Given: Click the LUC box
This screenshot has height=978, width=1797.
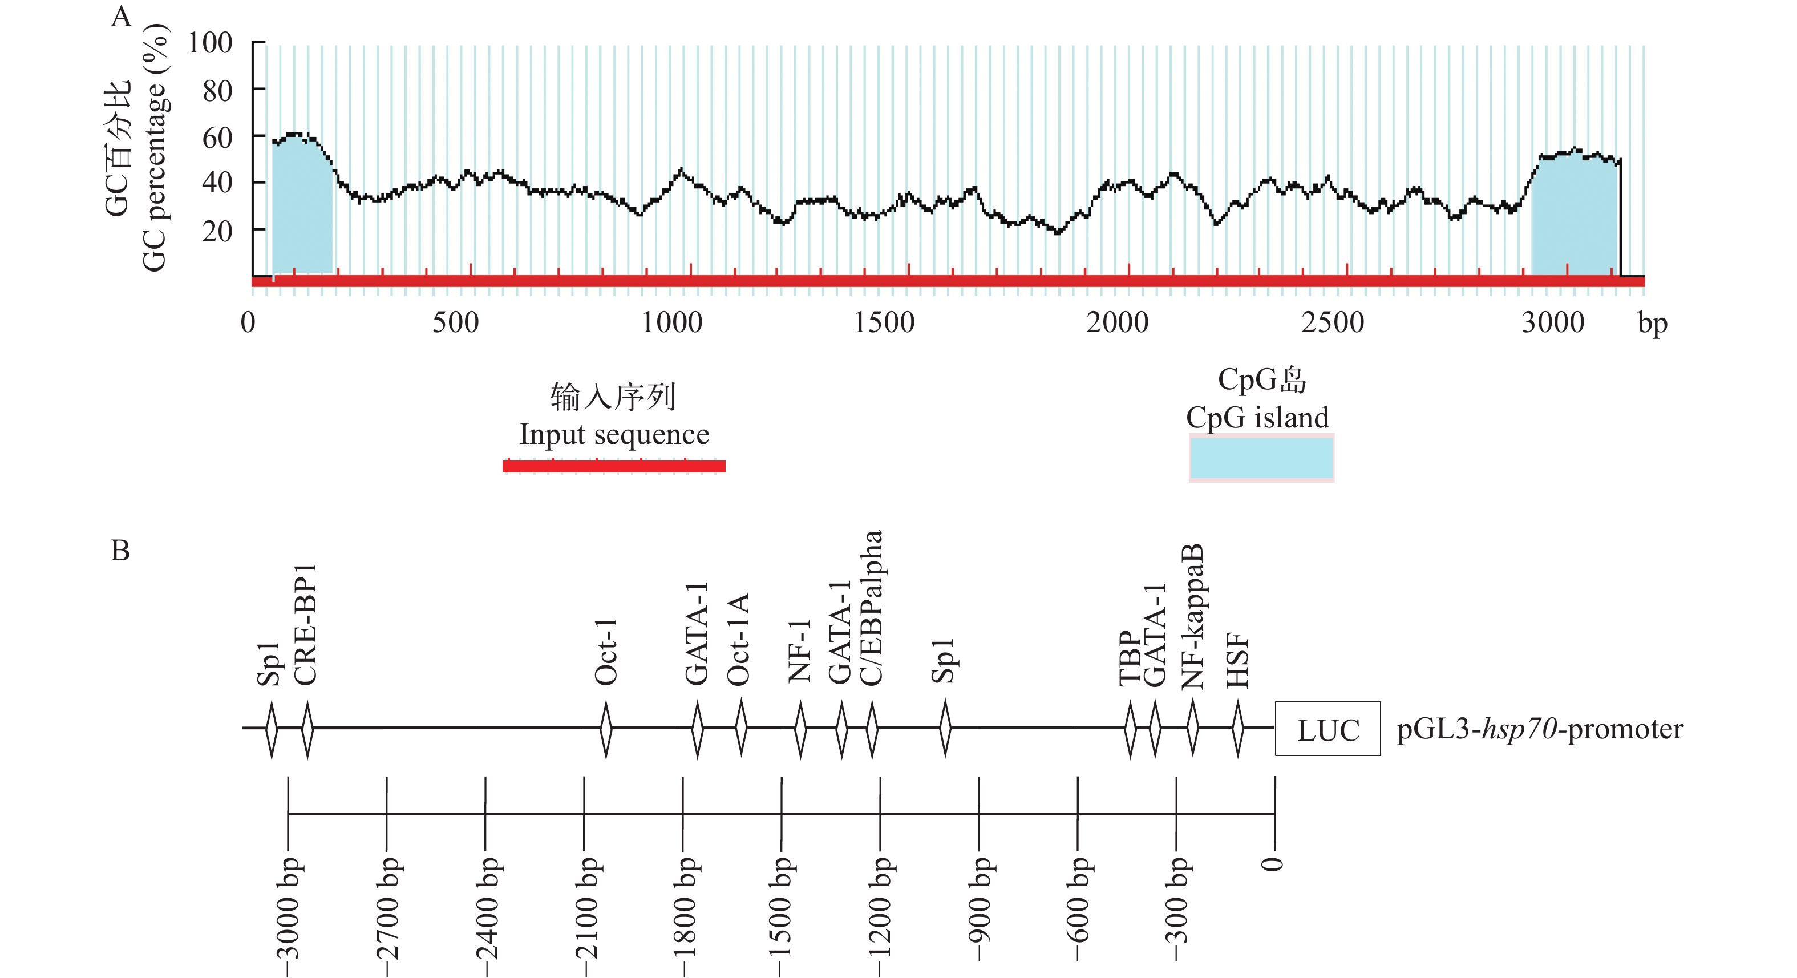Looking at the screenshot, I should tap(1327, 729).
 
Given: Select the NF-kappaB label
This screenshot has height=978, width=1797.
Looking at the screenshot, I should tap(1193, 617).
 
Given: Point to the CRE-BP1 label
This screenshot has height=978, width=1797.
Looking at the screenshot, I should tap(306, 624).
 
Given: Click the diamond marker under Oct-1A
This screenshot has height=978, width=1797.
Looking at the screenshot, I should tap(741, 729).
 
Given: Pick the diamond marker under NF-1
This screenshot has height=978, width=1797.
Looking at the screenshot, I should tap(800, 729).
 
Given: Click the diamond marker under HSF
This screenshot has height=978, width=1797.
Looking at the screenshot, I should tap(1237, 729).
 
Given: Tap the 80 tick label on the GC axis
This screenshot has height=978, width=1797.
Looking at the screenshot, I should tap(217, 91).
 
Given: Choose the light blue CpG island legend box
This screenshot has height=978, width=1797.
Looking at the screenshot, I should tap(1261, 458).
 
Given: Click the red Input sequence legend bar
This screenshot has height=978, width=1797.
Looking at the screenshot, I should tap(614, 466).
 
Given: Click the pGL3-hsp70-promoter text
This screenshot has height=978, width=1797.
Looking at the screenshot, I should tap(1540, 729).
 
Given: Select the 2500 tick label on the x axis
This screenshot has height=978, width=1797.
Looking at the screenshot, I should tap(1333, 323).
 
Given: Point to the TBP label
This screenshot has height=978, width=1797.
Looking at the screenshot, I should tap(1129, 659).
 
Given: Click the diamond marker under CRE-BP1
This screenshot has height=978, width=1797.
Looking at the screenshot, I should tap(307, 729).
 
